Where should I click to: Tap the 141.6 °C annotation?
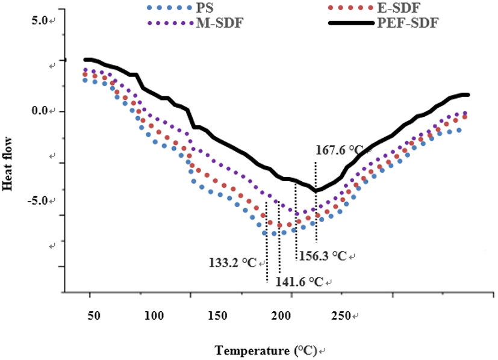299,281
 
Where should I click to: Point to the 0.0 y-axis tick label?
40,111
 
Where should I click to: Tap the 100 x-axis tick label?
155,315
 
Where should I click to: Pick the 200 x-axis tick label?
281,315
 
